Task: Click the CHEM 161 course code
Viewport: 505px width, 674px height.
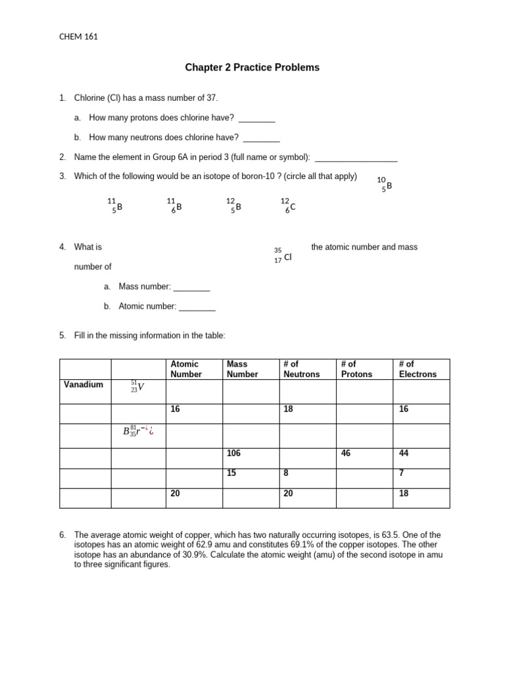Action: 78,37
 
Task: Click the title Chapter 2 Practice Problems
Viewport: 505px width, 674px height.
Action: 252,68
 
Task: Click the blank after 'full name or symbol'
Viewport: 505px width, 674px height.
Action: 356,157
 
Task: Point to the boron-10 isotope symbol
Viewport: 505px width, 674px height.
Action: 385,184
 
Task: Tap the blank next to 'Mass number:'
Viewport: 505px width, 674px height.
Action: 191,287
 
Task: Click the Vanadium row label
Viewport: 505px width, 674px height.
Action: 84,384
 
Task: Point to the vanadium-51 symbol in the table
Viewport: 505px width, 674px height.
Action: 137,386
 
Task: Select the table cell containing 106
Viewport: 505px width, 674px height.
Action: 251,458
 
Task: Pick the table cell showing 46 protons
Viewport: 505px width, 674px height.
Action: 364,458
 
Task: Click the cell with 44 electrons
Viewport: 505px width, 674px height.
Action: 421,458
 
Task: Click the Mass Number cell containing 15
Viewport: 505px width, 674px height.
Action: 251,478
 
